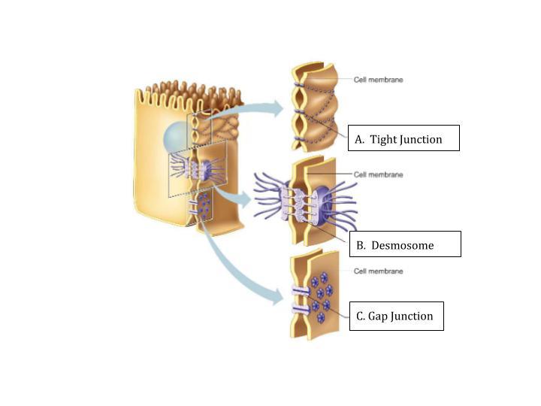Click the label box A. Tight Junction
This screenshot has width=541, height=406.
click(x=404, y=138)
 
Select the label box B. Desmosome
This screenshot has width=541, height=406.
click(x=404, y=244)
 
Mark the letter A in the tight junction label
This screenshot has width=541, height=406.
click(x=359, y=139)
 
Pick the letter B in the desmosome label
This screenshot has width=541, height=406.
click(x=361, y=245)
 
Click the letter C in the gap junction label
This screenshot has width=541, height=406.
click(x=361, y=316)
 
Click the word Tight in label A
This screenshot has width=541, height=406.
click(x=384, y=139)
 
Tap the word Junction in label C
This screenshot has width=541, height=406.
click(x=412, y=316)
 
